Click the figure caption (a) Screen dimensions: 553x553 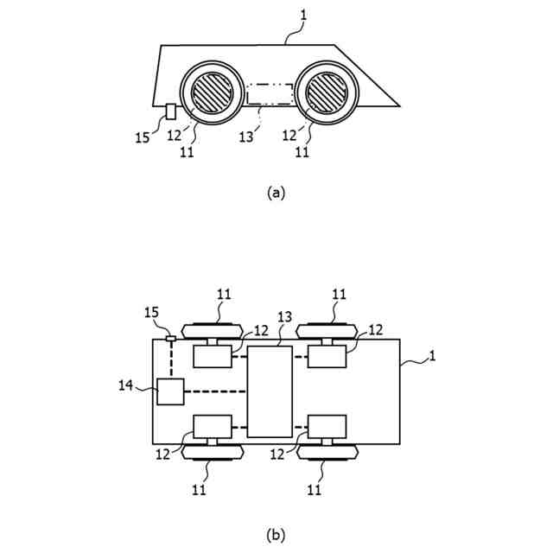[x=276, y=193]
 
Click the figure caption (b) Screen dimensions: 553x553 [x=276, y=535]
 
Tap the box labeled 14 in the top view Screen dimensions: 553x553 [x=170, y=391]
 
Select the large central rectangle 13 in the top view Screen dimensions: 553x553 [x=270, y=391]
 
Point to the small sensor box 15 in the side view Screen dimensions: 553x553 [x=171, y=111]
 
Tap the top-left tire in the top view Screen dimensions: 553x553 [x=212, y=329]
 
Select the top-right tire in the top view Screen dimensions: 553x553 [x=327, y=329]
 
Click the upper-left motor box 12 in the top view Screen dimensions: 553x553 [x=213, y=355]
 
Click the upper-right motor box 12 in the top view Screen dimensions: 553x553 [x=327, y=355]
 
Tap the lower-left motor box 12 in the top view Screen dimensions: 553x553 [x=213, y=427]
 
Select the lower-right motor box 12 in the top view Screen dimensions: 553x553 [x=327, y=427]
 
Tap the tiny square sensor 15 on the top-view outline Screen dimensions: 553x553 [x=171, y=339]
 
